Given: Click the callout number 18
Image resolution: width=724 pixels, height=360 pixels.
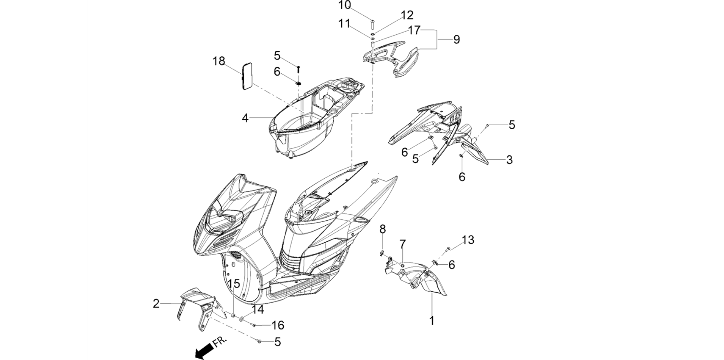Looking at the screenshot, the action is pyautogui.click(x=219, y=61).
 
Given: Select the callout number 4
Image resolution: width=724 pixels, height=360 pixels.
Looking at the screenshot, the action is pyautogui.click(x=245, y=118).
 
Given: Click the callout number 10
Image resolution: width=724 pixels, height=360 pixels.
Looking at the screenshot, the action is pyautogui.click(x=344, y=5).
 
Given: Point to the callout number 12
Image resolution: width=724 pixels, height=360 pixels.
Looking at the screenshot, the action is pyautogui.click(x=407, y=15).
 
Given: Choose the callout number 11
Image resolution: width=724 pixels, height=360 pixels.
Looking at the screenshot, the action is pyautogui.click(x=344, y=24).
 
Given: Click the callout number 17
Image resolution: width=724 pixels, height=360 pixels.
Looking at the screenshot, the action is pyautogui.click(x=414, y=30).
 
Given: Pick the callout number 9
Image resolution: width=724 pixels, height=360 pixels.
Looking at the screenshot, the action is pyautogui.click(x=457, y=39).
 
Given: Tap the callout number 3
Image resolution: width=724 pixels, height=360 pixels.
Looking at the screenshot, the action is pyautogui.click(x=509, y=160).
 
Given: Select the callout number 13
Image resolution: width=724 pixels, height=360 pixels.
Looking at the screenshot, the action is pyautogui.click(x=468, y=240).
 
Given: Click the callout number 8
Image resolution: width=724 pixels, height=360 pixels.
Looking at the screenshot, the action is pyautogui.click(x=383, y=229).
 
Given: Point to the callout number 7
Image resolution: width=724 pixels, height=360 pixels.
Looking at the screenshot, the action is pyautogui.click(x=403, y=244).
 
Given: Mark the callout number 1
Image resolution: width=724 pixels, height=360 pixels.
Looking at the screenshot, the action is pyautogui.click(x=432, y=321).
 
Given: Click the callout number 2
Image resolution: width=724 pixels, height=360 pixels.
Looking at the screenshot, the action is pyautogui.click(x=156, y=304).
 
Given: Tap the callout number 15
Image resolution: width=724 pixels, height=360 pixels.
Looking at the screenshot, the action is pyautogui.click(x=234, y=284).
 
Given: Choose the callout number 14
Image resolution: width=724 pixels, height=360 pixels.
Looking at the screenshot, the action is pyautogui.click(x=258, y=310).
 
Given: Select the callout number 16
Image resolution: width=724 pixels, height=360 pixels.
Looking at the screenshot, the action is pyautogui.click(x=278, y=325).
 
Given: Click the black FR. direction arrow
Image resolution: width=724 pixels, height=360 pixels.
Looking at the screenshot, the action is pyautogui.click(x=205, y=352).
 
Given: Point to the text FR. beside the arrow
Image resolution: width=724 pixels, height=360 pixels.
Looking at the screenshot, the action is pyautogui.click(x=220, y=343).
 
